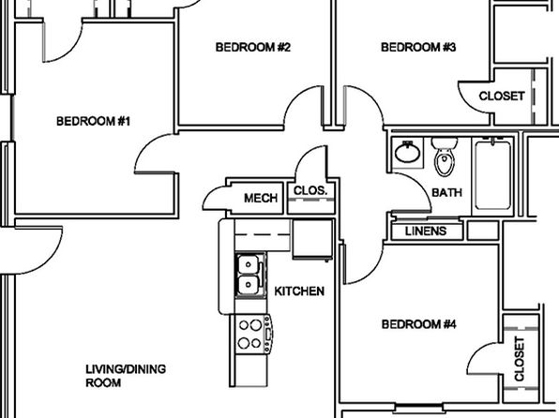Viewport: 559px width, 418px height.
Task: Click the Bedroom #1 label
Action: click(x=94, y=121)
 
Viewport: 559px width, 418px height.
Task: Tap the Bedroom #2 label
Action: click(x=253, y=47)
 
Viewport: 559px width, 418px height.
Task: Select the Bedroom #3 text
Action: click(x=418, y=47)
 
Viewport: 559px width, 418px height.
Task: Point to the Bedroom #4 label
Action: click(x=419, y=324)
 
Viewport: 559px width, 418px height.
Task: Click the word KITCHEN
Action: click(x=299, y=291)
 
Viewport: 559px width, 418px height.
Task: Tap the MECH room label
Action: click(x=261, y=198)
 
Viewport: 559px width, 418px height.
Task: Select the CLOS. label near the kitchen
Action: click(x=310, y=190)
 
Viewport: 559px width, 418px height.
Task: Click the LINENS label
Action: click(x=426, y=231)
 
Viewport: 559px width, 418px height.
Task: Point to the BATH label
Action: click(x=446, y=192)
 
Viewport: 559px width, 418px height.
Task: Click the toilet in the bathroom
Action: click(x=445, y=157)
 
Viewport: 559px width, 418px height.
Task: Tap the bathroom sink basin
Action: click(x=407, y=153)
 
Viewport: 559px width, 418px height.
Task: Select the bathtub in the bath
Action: click(x=492, y=175)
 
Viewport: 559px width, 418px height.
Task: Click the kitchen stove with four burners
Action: click(x=253, y=334)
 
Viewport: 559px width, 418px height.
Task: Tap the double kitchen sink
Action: click(x=250, y=276)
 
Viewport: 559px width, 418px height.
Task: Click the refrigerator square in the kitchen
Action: click(x=312, y=239)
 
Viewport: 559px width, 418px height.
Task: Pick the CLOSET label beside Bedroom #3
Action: click(x=502, y=96)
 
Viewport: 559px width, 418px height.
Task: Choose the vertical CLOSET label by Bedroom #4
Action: click(x=520, y=359)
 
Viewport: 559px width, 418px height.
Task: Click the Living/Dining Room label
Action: click(x=126, y=376)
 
